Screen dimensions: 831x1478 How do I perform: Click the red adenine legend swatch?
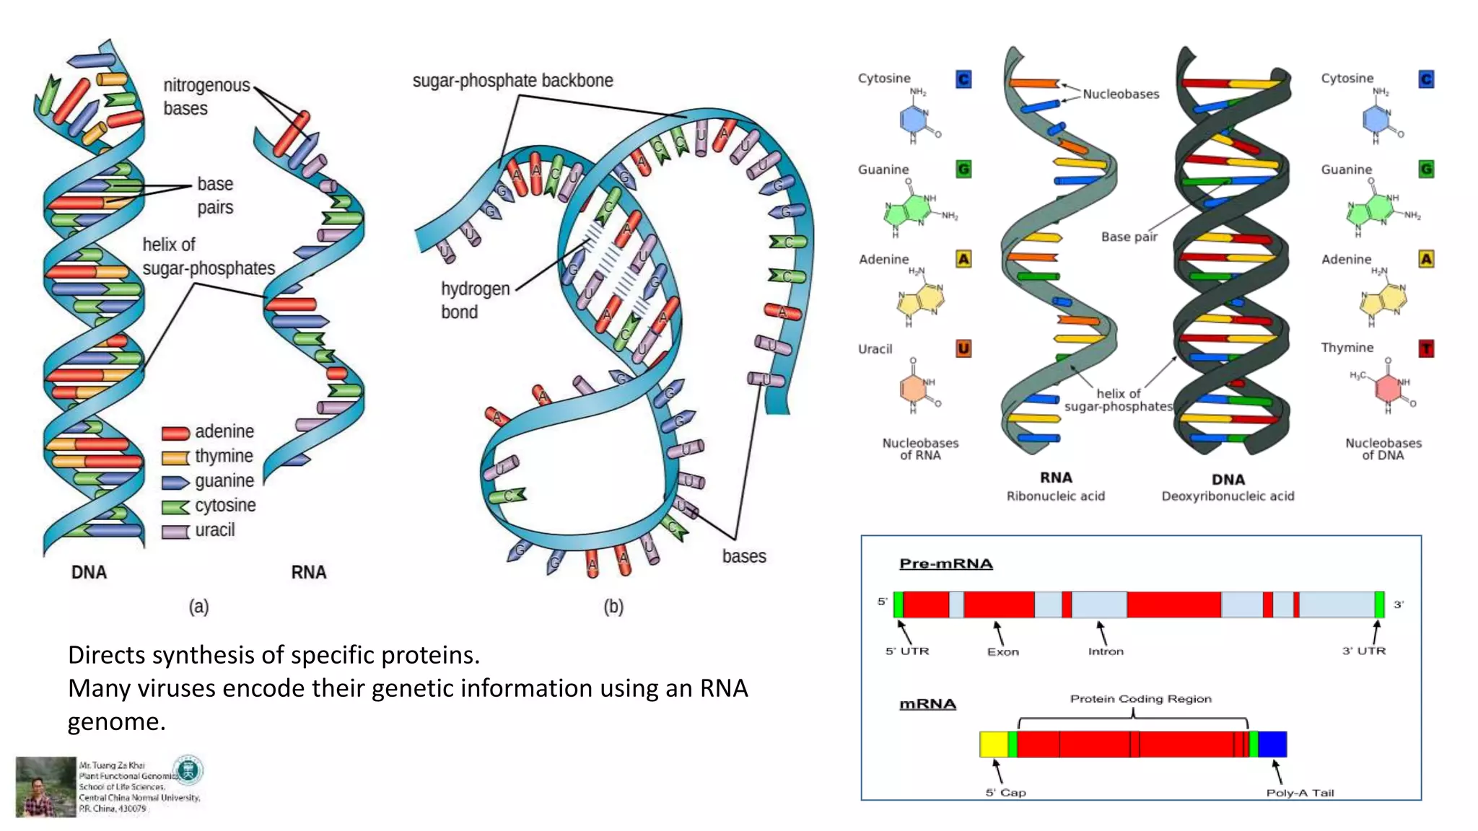click(175, 433)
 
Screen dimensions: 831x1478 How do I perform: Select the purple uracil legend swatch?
click(175, 532)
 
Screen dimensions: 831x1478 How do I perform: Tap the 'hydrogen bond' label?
click(474, 300)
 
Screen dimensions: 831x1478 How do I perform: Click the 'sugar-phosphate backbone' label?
click(512, 81)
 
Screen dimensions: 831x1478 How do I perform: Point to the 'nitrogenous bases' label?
click(206, 97)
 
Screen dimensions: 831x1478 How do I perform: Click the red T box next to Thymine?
click(1426, 349)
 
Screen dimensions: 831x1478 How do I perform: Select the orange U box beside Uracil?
click(963, 349)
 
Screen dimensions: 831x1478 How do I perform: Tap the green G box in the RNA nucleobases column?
click(963, 170)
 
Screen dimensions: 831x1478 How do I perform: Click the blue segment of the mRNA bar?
click(1272, 744)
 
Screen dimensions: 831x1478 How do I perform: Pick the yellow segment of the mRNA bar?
click(993, 744)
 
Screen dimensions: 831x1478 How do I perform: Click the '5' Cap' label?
click(1005, 793)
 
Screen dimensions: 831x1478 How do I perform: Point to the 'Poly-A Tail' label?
click(1300, 793)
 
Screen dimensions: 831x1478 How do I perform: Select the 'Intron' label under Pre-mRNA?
click(1106, 651)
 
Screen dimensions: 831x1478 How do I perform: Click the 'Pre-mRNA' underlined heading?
click(945, 563)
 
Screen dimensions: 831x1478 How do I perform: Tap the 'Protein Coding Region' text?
click(1140, 698)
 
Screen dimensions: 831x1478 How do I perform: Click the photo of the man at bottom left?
click(45, 786)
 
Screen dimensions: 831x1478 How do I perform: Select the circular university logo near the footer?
click(188, 770)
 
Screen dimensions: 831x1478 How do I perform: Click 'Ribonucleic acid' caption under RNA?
click(1055, 496)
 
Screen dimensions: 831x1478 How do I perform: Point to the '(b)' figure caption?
click(613, 607)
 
